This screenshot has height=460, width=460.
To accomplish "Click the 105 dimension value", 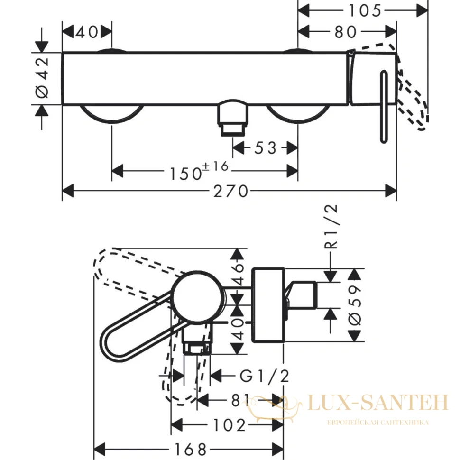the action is pyautogui.click(x=365, y=11).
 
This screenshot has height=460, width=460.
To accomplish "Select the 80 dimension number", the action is pyautogui.click(x=345, y=32).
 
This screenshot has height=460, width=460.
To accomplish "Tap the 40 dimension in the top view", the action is pyautogui.click(x=86, y=32).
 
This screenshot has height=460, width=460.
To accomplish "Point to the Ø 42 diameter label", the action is pyautogui.click(x=42, y=77).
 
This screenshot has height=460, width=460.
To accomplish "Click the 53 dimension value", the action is pyautogui.click(x=265, y=148).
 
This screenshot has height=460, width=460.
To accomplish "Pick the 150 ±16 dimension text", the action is pyautogui.click(x=199, y=170).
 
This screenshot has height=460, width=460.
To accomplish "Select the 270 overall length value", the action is pyautogui.click(x=230, y=192).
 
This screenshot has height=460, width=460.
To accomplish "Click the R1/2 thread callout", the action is pyautogui.click(x=331, y=227).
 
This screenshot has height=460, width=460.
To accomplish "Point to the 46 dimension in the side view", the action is pyautogui.click(x=239, y=274).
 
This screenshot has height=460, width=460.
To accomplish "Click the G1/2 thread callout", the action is pyautogui.click(x=265, y=376).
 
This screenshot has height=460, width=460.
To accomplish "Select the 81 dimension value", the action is pyautogui.click(x=240, y=400).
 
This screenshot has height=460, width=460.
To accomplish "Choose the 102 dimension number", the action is pyautogui.click(x=229, y=425).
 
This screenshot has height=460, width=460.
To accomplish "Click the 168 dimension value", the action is pyautogui.click(x=191, y=449).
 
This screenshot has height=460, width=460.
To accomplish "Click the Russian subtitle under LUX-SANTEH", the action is pyautogui.click(x=378, y=423).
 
